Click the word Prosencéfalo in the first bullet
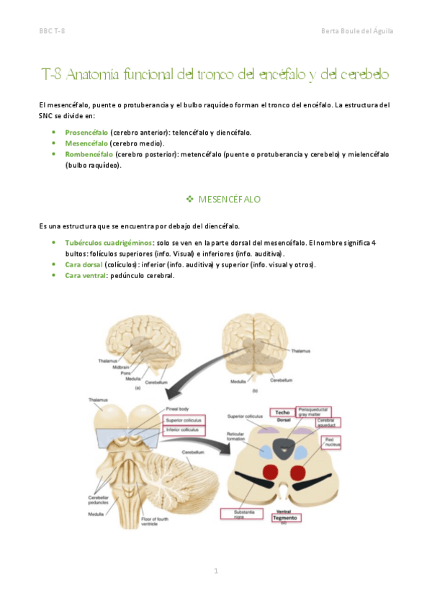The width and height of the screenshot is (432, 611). tap(86, 133)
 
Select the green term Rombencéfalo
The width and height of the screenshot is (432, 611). tap(89, 154)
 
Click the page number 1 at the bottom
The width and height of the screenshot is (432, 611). tap(215, 571)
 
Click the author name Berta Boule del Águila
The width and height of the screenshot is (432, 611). tap(356, 31)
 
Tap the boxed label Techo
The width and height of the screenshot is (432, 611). tap(282, 412)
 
